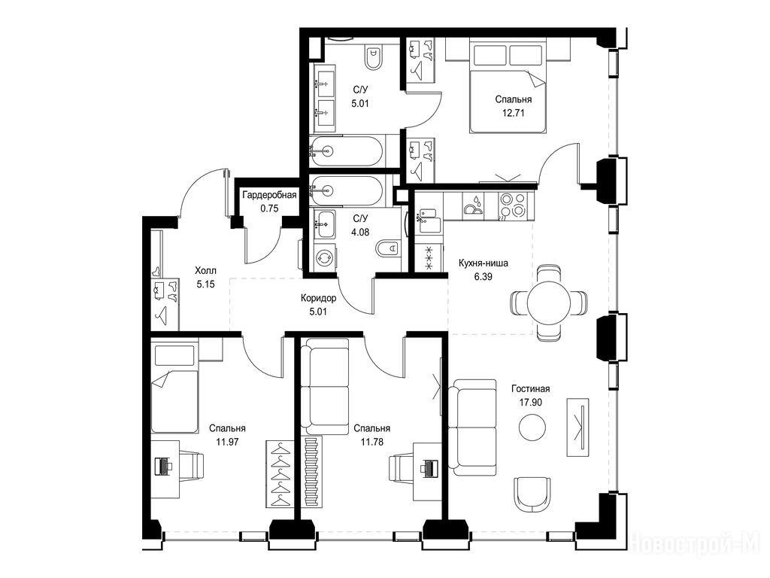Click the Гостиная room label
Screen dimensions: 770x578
(x=530, y=389)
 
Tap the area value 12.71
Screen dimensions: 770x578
(x=513, y=113)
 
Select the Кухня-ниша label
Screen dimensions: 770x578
(x=484, y=263)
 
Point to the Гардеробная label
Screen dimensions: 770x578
(x=270, y=195)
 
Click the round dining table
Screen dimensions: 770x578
(x=549, y=303)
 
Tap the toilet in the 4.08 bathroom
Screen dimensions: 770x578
(x=390, y=248)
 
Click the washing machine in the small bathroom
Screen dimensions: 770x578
(x=324, y=257)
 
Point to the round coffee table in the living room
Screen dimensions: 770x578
(x=532, y=427)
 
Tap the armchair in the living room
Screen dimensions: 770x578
(x=532, y=494)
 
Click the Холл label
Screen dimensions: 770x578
(x=205, y=271)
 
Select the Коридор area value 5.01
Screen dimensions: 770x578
(x=319, y=312)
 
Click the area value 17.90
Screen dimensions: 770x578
(x=531, y=402)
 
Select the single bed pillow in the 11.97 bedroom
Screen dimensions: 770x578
(x=174, y=355)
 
